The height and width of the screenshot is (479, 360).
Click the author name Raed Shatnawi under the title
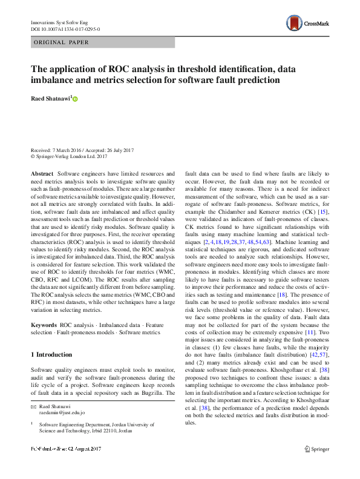point(51,97)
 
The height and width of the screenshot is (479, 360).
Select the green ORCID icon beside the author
point(76,99)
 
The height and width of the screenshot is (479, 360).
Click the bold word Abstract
point(42,174)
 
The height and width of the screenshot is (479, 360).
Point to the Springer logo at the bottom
point(316,466)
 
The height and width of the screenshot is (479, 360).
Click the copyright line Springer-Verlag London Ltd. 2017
point(71,156)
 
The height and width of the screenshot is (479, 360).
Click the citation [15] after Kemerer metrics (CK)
point(324,212)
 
